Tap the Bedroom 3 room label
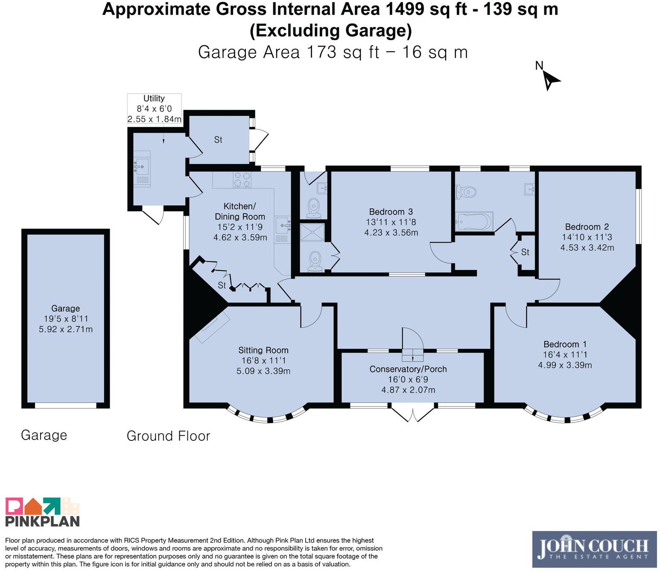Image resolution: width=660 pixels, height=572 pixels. point(391,211)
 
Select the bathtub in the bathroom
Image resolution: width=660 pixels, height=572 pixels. point(474,221)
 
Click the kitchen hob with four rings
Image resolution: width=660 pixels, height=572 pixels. point(242,179)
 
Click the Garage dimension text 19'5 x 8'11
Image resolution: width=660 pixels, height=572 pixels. point(66,319)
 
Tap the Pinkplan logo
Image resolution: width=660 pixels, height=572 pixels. point(42,512)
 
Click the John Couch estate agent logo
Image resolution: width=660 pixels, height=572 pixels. point(594,549)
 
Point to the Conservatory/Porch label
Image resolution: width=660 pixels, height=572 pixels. point(408,369)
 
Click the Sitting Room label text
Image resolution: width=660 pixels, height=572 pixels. point(263,350)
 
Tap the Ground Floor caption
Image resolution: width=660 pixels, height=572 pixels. point(168,436)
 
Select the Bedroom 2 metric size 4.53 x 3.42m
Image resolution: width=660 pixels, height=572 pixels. point(587,247)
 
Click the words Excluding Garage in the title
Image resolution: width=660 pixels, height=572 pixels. point(330,31)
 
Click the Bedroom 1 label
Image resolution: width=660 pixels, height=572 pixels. point(565,344)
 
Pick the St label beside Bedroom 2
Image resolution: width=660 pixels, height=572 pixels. point(525,252)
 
